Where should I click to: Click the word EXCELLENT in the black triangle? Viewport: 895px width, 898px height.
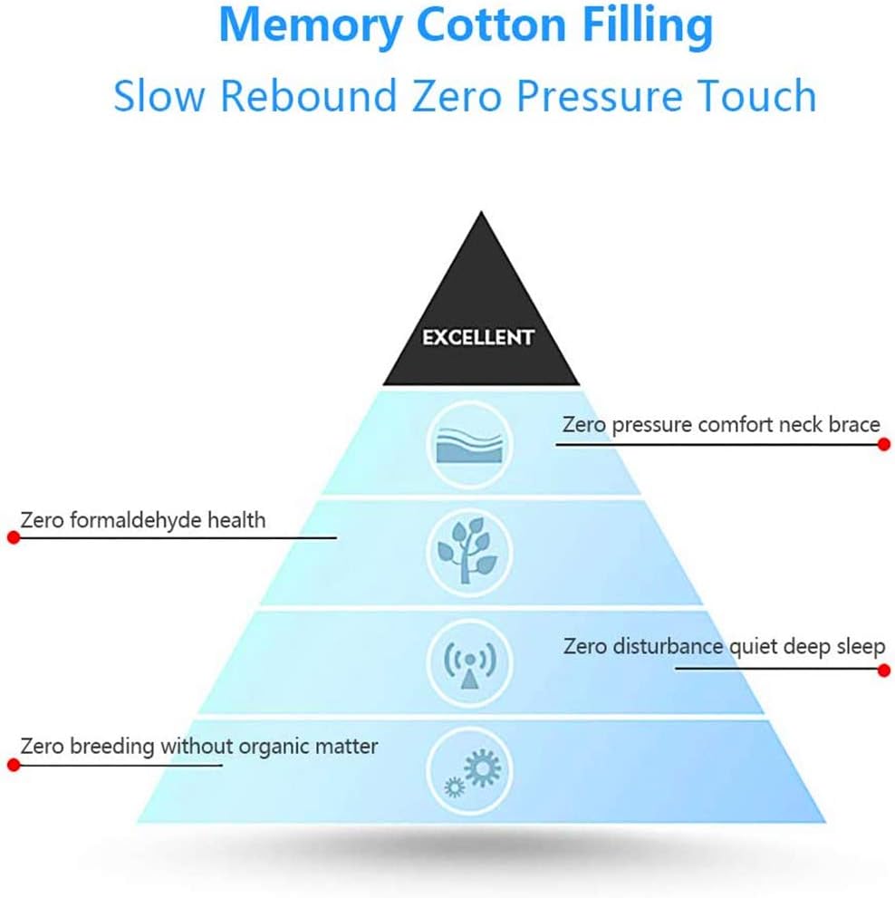click(478, 338)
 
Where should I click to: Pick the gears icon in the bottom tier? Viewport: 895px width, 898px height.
click(471, 773)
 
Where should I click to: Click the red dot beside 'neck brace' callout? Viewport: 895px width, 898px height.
click(884, 444)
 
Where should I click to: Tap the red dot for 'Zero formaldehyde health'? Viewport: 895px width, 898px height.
click(13, 537)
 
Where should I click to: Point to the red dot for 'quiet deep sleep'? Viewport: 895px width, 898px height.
click(884, 671)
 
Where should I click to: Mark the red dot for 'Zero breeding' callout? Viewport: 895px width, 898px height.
click(13, 765)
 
